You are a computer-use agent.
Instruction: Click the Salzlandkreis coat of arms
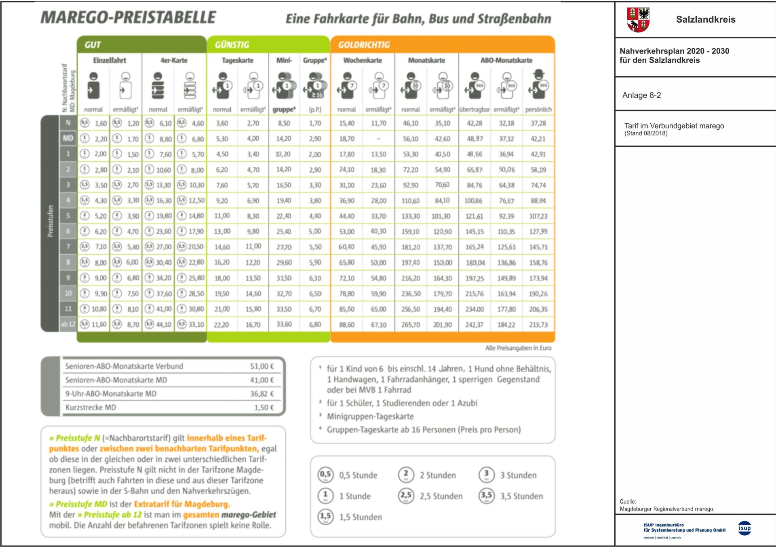coord(638,19)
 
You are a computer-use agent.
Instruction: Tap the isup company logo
coord(744,528)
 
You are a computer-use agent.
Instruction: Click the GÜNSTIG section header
coord(232,45)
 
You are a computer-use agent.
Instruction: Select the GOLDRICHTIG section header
coord(364,45)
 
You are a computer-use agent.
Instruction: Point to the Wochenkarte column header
coord(363,60)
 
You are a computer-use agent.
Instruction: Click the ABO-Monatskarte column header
coord(506,60)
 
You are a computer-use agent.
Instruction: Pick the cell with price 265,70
coord(410,325)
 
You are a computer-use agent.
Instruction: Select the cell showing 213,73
coord(538,325)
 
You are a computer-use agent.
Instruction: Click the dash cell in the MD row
coord(378,139)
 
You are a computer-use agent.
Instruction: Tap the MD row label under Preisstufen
coord(68,138)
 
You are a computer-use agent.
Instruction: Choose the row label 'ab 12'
coord(68,324)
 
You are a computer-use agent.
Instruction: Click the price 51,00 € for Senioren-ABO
coord(261,366)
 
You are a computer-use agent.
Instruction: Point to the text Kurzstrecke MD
coord(91,408)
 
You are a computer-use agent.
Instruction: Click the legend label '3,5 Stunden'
coord(521,496)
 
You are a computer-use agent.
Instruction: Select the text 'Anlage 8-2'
coord(641,95)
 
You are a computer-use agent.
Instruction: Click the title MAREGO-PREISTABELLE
coord(128,17)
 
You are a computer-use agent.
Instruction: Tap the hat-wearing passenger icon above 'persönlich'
coord(538,85)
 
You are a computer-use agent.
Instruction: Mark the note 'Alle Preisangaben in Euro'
coord(518,348)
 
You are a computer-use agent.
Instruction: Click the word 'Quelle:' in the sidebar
coord(628,502)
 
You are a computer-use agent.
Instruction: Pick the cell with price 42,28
coord(474,123)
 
